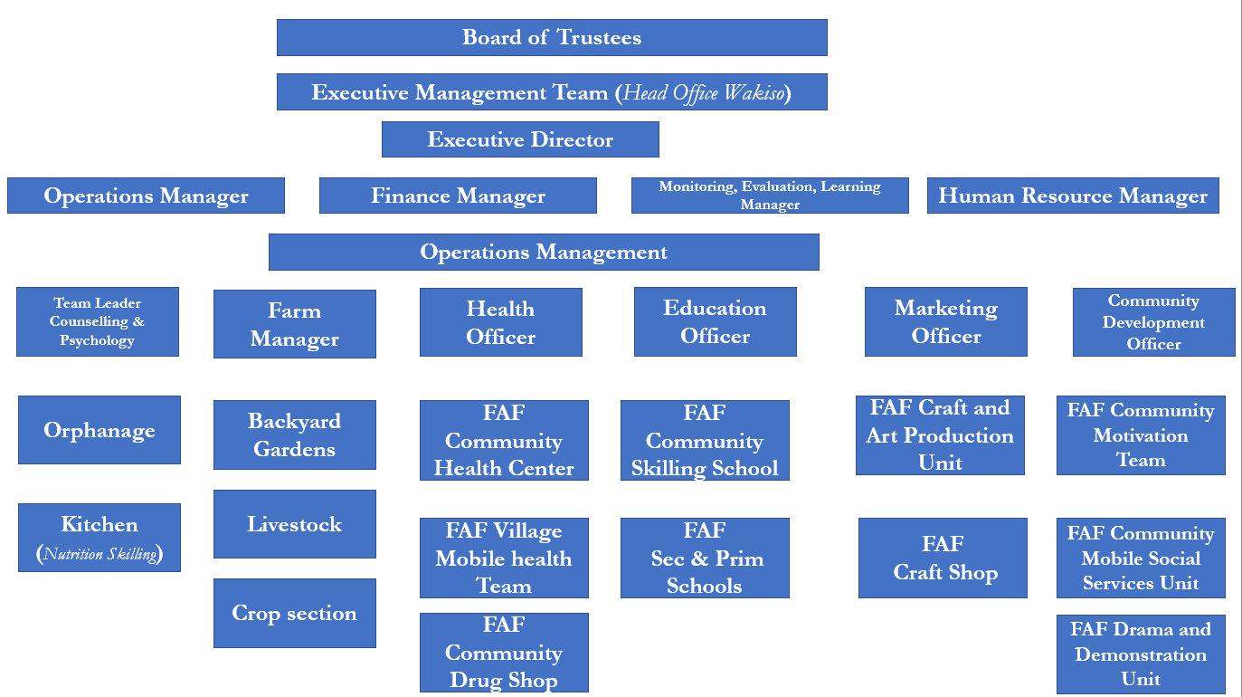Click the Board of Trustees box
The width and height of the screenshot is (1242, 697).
click(x=552, y=37)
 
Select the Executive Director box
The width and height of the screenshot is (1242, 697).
click(x=520, y=139)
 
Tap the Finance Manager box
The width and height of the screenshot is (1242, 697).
click(x=458, y=196)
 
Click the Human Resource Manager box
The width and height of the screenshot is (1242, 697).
click(x=1073, y=196)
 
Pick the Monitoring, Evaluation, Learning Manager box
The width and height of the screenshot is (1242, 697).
click(x=770, y=196)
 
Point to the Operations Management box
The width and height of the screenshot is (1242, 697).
click(x=544, y=252)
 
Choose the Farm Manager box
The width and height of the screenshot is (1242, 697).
click(x=295, y=324)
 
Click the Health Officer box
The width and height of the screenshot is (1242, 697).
click(x=501, y=322)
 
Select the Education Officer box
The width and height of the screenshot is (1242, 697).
click(x=716, y=321)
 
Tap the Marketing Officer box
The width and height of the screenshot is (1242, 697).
click(x=946, y=321)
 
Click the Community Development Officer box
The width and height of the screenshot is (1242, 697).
click(x=1154, y=321)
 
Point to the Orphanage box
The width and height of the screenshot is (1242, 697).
click(x=100, y=430)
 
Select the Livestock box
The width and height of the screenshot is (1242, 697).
click(x=295, y=524)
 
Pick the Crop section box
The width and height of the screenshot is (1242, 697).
click(x=295, y=613)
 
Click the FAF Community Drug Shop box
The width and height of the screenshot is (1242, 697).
click(x=504, y=653)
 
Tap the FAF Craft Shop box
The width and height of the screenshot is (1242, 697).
click(x=943, y=558)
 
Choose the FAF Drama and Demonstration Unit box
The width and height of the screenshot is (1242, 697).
click(x=1141, y=654)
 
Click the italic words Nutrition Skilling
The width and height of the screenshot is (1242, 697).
click(x=100, y=554)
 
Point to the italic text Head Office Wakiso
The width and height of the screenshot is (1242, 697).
click(x=704, y=92)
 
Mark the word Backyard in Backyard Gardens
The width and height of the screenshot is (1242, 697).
click(x=295, y=421)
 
